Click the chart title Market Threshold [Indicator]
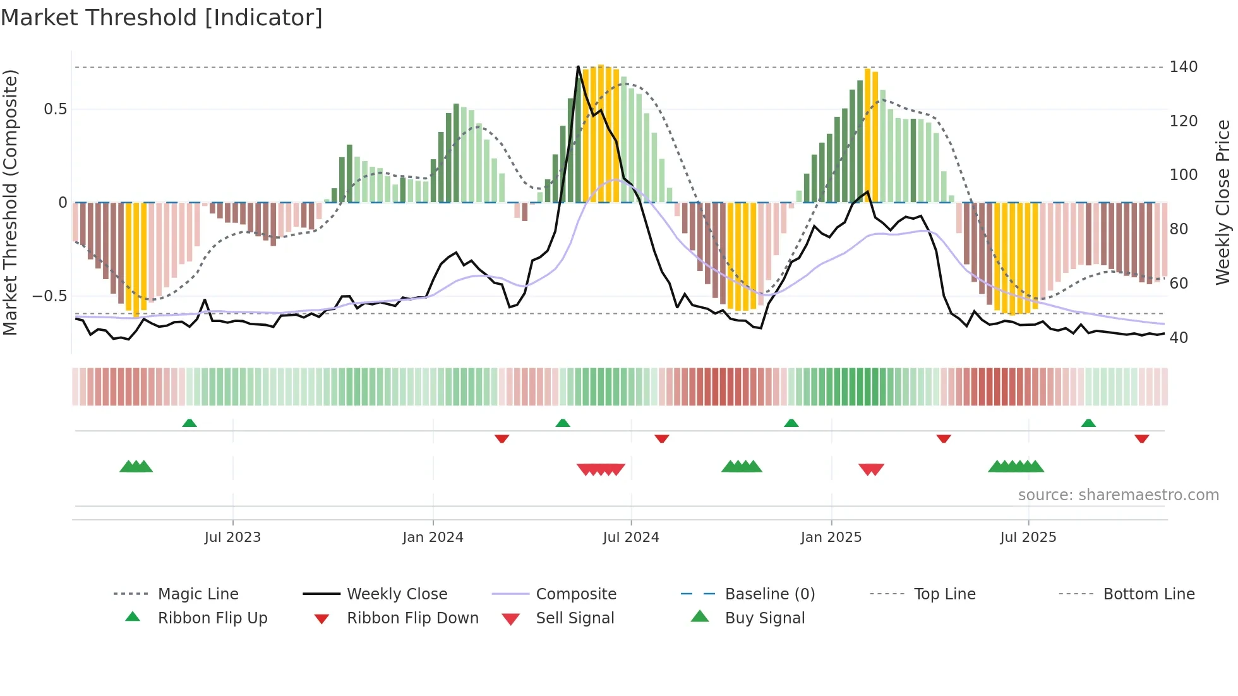pos(162,18)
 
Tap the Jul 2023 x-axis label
pos(232,537)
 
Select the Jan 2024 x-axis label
pos(433,537)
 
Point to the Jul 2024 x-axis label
pos(630,537)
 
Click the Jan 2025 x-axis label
pos(831,537)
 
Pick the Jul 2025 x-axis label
pos(1028,537)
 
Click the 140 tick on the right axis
pos(1183,67)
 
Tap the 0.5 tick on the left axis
pos(55,109)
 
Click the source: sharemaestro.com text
pos(1118,495)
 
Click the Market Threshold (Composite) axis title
pos(10,202)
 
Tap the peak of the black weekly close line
pos(578,66)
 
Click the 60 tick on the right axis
pos(1179,284)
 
